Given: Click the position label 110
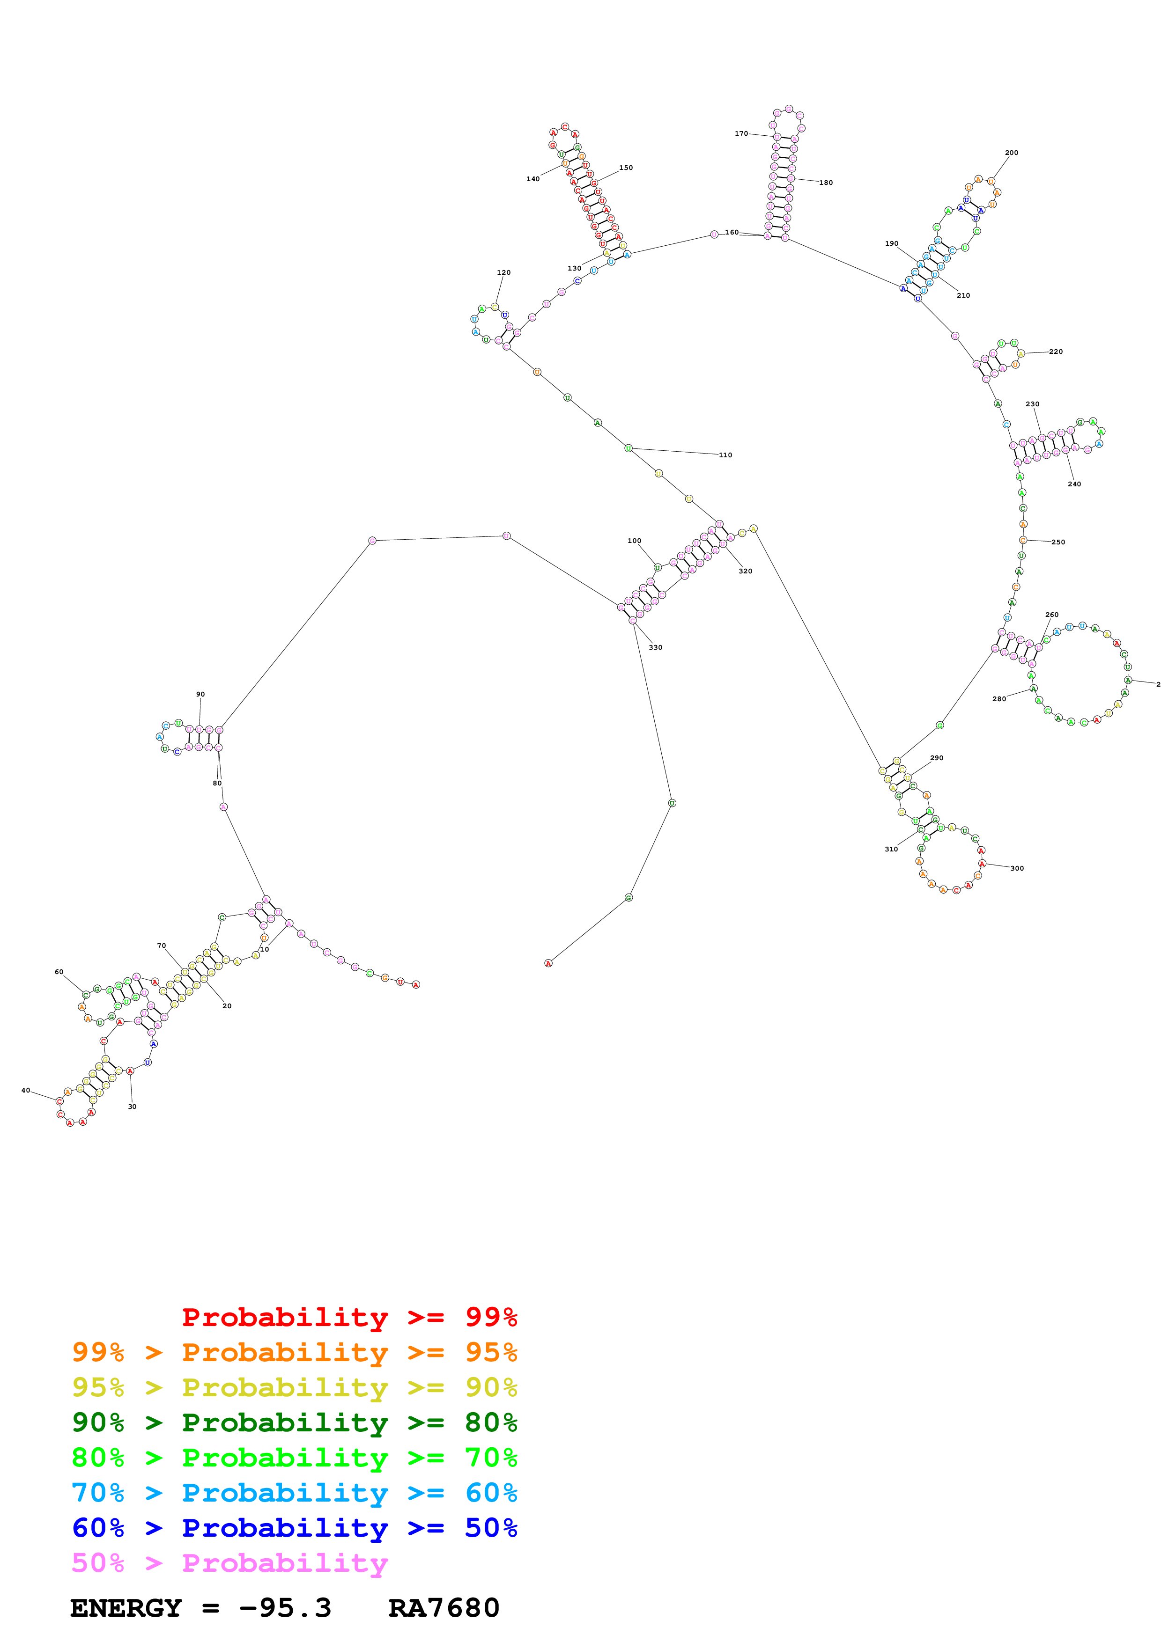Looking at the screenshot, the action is click(725, 455).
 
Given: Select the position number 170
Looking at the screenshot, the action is click(741, 134).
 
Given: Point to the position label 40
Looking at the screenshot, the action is click(26, 1091).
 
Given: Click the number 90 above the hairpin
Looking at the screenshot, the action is click(200, 695).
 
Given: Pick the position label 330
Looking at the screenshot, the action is click(655, 647).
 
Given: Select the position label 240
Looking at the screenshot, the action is click(1074, 484).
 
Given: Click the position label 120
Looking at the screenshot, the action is click(503, 272).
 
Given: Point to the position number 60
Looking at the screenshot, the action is click(59, 972).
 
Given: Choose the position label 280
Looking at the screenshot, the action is click(998, 699).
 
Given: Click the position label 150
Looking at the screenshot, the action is click(626, 168).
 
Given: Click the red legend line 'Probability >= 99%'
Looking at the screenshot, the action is click(349, 1317).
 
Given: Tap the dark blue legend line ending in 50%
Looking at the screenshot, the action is click(295, 1528).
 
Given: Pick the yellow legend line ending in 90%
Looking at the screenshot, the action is click(295, 1387).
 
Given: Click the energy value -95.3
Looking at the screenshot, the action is click(285, 1608).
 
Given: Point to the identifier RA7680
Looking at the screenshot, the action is click(444, 1608).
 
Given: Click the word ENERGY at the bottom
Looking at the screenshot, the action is click(126, 1608).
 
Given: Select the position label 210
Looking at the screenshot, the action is click(963, 295).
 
